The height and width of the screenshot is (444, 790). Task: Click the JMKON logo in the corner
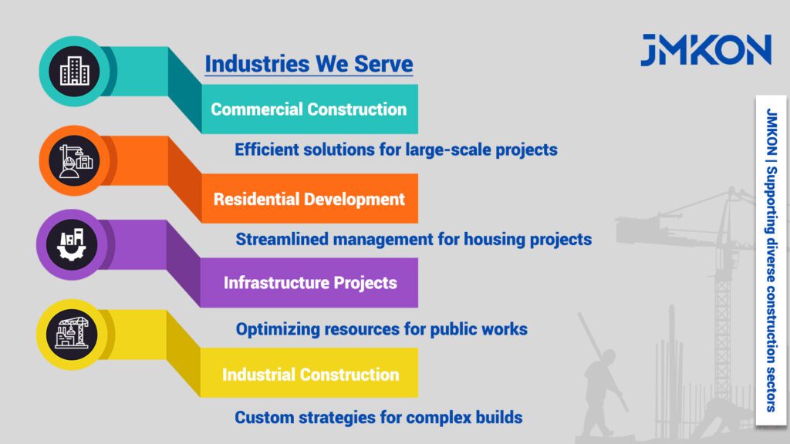pyautogui.click(x=706, y=50)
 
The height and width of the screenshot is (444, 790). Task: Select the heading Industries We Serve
pyautogui.click(x=309, y=65)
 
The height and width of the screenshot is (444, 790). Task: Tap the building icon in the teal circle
pyautogui.click(x=75, y=71)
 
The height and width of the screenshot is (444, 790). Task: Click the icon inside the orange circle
pyautogui.click(x=76, y=160)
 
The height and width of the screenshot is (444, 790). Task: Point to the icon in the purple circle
pyautogui.click(x=72, y=244)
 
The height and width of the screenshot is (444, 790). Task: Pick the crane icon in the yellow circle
pyautogui.click(x=72, y=333)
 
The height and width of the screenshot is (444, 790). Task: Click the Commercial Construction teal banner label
pyautogui.click(x=309, y=109)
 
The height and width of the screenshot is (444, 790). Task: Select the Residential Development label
pyautogui.click(x=309, y=200)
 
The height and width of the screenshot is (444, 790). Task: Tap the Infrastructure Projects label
pyautogui.click(x=310, y=283)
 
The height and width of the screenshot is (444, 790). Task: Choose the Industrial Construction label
pyautogui.click(x=310, y=375)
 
